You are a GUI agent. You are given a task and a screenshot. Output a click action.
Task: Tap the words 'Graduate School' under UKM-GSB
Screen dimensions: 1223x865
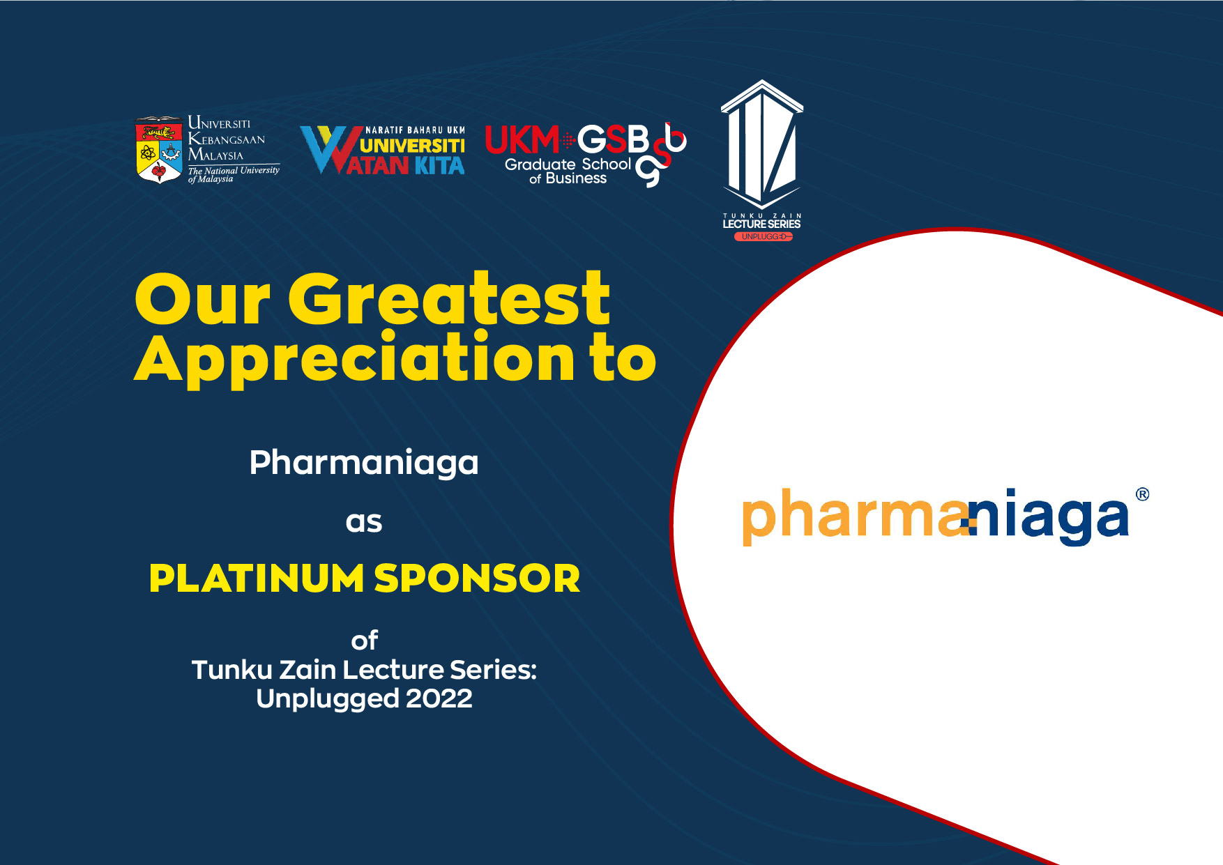coord(568,164)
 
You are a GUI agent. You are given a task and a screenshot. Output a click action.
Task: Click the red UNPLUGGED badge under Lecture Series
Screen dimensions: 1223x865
coord(763,236)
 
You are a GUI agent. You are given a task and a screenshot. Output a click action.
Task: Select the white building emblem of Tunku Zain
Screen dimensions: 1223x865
coord(762,144)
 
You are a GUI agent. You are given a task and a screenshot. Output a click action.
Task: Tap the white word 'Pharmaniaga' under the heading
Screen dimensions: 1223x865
coord(364,463)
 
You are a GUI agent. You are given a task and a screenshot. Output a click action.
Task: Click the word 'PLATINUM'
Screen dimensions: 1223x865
coord(257,579)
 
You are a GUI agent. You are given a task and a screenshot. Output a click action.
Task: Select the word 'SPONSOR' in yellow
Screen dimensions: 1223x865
coord(478,579)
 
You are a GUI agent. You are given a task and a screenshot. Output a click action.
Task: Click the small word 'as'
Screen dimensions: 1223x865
coord(364,523)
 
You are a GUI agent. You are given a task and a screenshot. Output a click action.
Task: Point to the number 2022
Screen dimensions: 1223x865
coord(439,698)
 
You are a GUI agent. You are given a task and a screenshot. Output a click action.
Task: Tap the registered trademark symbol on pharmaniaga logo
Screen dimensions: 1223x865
coord(1142,494)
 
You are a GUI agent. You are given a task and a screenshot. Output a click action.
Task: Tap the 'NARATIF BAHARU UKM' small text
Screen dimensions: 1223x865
coord(415,130)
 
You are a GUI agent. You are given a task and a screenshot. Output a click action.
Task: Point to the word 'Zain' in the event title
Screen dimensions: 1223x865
coord(307,670)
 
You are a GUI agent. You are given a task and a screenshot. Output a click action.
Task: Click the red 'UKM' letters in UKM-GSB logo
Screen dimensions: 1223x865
coord(522,139)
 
